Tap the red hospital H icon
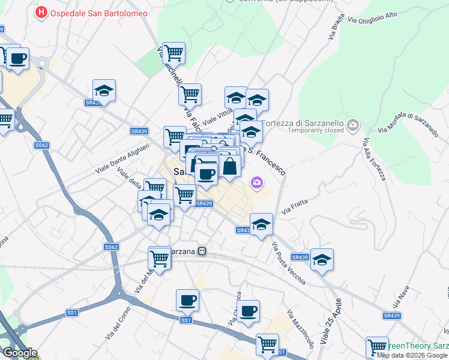pos(41,12)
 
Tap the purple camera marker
pos(258,182)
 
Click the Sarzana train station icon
pos(203,251)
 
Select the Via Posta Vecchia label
pos(288,263)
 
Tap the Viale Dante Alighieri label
pos(122,159)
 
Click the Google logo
pos(19,352)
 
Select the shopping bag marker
pos(230,166)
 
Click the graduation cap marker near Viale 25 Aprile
pos(322,260)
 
